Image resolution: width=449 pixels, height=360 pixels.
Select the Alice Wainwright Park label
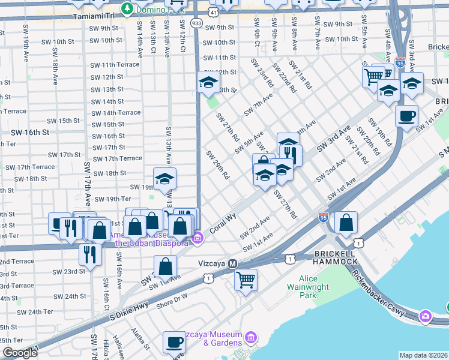point(316,287)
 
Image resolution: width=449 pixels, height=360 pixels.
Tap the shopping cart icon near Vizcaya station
point(246,279)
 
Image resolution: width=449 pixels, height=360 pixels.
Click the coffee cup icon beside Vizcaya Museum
point(175,341)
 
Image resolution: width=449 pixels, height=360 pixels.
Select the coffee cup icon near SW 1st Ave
point(406,115)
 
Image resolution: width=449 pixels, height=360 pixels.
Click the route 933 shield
point(196,22)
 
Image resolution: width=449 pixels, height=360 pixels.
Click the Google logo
point(20,353)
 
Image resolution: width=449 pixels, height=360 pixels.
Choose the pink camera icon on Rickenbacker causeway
point(426,316)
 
